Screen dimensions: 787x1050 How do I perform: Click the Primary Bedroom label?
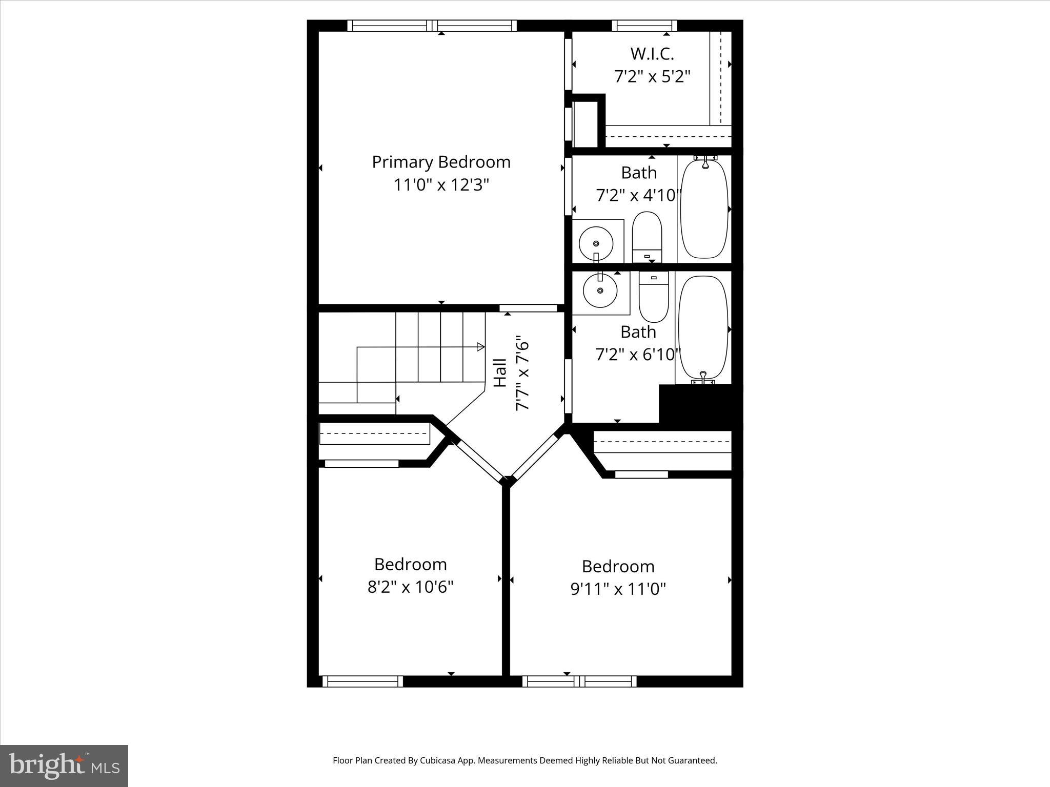(x=441, y=162)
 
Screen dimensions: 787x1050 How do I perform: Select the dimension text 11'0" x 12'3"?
(x=441, y=185)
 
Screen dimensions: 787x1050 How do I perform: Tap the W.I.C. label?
(x=652, y=53)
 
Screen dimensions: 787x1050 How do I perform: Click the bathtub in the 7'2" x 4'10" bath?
(x=704, y=209)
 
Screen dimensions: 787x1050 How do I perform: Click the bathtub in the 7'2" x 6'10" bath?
(x=703, y=328)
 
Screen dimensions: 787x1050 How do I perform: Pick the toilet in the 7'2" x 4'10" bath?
(x=647, y=237)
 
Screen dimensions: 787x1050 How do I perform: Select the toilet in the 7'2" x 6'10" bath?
(x=654, y=296)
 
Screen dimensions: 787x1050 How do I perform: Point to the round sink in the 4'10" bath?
(x=596, y=244)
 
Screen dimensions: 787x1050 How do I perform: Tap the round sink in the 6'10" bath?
(x=600, y=291)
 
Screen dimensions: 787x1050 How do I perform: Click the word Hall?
(x=499, y=373)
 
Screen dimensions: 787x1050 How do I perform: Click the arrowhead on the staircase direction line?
(x=480, y=347)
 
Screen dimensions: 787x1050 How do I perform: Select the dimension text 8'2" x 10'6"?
(x=410, y=587)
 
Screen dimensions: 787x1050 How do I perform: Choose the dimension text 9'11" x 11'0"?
(x=618, y=589)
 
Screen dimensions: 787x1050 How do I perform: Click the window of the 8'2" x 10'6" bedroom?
(x=362, y=681)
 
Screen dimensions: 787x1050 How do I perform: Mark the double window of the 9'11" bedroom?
(x=579, y=681)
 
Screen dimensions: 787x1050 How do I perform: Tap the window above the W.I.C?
(x=644, y=26)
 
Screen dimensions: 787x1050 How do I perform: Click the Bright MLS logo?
(x=64, y=765)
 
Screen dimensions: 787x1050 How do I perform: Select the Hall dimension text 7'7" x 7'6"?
(x=522, y=373)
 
